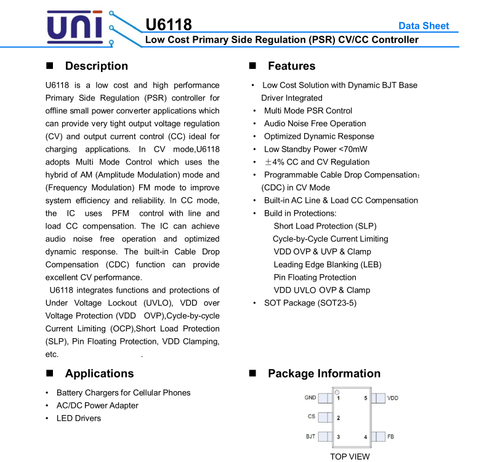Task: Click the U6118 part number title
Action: click(169, 25)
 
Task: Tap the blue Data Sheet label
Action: click(424, 26)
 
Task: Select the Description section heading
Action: click(96, 66)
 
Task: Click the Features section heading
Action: click(291, 66)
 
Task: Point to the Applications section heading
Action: click(99, 373)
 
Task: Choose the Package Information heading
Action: click(324, 373)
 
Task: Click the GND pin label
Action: click(310, 398)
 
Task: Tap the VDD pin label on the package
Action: click(393, 398)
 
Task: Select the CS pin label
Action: click(312, 417)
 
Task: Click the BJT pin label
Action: click(311, 436)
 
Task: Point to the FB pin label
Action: click(391, 436)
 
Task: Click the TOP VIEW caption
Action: click(350, 456)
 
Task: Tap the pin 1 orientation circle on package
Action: click(337, 392)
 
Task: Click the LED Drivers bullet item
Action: click(79, 418)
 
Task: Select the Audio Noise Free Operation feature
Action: click(315, 123)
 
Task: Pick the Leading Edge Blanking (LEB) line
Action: click(328, 264)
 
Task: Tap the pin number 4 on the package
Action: click(366, 437)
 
